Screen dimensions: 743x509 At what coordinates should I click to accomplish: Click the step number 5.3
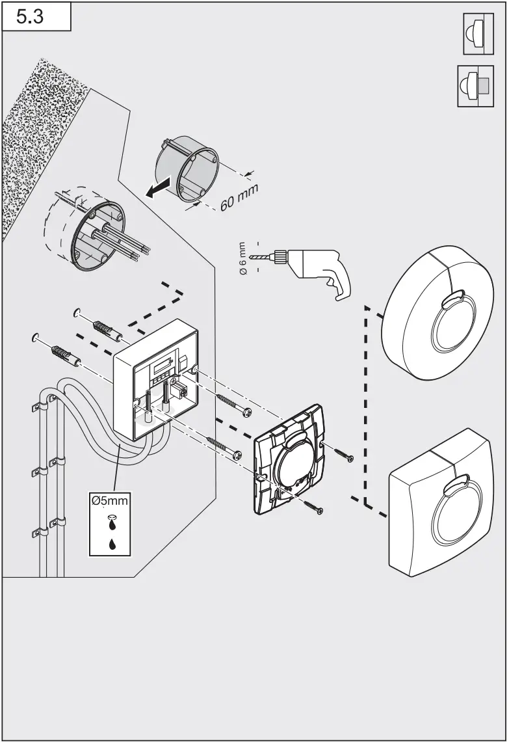pos(30,17)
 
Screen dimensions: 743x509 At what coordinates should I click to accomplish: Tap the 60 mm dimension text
pos(239,196)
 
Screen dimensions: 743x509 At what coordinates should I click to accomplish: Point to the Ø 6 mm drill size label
pos(242,260)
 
